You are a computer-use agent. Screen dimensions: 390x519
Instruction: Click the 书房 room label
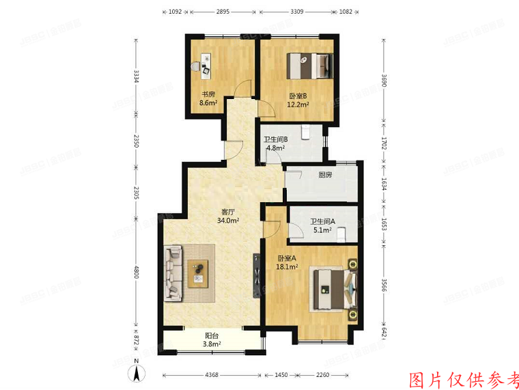208,94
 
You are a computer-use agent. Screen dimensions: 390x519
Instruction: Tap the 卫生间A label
321,221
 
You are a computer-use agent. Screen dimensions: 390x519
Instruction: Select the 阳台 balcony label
212,335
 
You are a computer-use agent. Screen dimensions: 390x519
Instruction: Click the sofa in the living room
173,274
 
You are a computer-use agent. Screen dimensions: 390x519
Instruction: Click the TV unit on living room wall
257,276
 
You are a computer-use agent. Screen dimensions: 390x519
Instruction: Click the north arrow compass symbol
137,372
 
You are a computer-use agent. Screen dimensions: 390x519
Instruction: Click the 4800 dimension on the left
137,274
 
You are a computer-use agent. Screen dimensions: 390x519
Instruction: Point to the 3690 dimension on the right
384,80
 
